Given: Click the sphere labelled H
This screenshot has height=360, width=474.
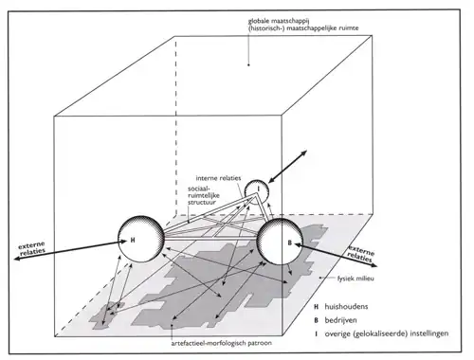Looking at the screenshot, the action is coord(141,240).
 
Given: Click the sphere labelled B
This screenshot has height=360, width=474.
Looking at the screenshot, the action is coord(280,242).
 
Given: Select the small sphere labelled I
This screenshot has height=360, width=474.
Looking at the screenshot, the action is coord(257,192).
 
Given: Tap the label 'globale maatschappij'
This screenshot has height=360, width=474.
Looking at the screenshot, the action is coord(278,21).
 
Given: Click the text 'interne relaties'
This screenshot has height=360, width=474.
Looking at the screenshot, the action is coord(218,178).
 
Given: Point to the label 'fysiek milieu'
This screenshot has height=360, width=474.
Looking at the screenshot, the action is coord(355,279).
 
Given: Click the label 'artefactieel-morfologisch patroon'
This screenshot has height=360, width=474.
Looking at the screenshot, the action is coord(222,343).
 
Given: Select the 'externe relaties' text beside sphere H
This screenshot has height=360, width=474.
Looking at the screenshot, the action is coord(32,248).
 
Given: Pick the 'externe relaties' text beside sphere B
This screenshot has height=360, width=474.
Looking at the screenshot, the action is coord(360,254).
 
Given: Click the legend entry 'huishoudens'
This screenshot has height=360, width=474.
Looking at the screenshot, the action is coord(346,307).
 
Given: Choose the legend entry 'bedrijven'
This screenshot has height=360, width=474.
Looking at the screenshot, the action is coord(340,320).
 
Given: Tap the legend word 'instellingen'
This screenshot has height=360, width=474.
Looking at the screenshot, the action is coord(428,333).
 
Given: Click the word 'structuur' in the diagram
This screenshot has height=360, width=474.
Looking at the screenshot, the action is coord(202,202).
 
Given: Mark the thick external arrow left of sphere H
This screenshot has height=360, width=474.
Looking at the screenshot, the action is coord(70,250).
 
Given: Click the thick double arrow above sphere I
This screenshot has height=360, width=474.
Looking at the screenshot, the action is coord(287,167).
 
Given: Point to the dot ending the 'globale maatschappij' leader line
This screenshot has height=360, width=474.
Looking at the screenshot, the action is coord(248,65).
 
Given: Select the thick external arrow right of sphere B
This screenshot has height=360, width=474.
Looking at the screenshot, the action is coord(336,255).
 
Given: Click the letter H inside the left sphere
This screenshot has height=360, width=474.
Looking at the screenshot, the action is coord(133,241).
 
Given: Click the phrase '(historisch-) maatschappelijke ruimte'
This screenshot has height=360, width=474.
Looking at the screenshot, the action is coord(303,28).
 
